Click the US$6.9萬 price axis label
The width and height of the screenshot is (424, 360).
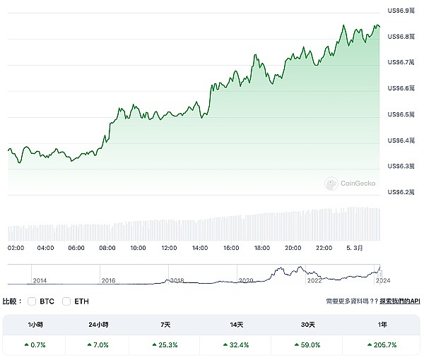click(403, 11)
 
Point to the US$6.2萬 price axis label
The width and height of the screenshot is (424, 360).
click(403, 192)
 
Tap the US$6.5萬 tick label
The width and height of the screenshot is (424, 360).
click(403, 114)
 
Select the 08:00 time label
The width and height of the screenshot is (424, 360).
click(107, 248)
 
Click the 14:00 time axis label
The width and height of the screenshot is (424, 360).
click(199, 248)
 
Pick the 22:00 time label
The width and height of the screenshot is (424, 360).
click(324, 248)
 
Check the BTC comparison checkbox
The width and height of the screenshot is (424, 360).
click(32, 301)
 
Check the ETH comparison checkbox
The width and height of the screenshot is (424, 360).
click(67, 301)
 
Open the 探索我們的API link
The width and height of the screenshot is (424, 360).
click(399, 301)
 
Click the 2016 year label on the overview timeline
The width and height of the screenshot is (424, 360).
click(108, 280)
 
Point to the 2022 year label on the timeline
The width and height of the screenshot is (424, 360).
click(314, 280)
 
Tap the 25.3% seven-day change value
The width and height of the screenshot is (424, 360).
click(165, 345)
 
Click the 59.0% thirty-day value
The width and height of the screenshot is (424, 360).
click(307, 345)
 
